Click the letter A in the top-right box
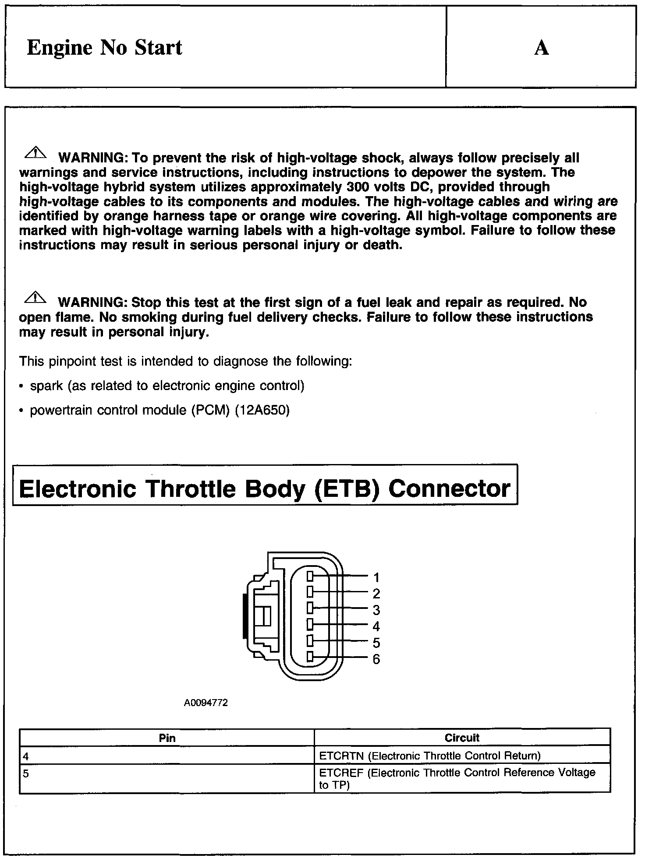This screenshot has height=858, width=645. point(542,48)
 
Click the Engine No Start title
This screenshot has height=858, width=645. point(104,47)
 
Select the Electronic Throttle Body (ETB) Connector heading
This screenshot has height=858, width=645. point(265,489)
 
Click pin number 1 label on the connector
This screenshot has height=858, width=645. point(376,577)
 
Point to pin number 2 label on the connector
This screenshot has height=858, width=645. point(376,594)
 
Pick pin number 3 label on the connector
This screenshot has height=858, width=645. point(376,610)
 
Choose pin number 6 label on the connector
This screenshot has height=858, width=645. point(376,659)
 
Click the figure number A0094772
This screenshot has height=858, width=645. point(206,703)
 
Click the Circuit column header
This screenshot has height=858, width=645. point(462,738)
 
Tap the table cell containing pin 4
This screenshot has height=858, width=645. point(167,756)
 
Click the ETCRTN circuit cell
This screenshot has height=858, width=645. point(462,756)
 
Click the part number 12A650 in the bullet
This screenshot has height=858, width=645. point(262,411)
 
